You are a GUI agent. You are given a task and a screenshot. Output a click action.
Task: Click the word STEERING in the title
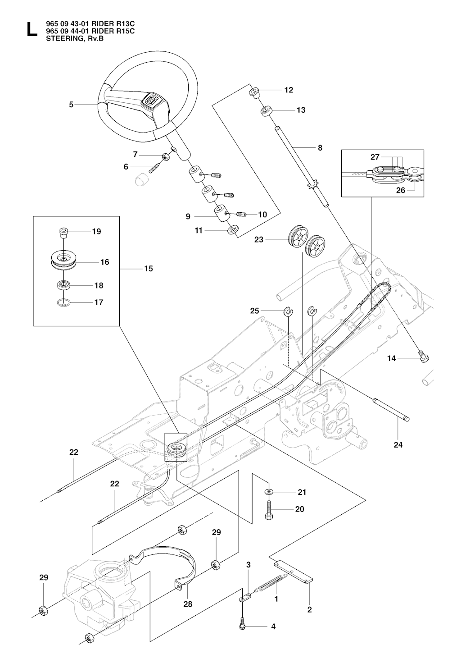[x=55, y=38]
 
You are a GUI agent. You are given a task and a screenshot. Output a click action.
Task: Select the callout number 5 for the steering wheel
[x=71, y=105]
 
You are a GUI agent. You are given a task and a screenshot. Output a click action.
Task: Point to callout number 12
[x=289, y=90]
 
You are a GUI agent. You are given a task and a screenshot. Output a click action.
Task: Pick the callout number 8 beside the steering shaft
[x=320, y=147]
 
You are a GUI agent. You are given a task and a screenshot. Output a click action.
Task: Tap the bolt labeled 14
[x=423, y=357]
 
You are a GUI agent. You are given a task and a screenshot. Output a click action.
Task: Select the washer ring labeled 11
[x=232, y=230]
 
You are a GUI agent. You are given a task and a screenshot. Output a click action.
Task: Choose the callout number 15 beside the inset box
[x=148, y=269]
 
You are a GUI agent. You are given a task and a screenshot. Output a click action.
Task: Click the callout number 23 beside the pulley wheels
[x=259, y=240]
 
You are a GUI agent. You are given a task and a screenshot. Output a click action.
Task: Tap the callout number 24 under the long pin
[x=398, y=444]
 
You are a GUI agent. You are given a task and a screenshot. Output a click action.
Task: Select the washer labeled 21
[x=268, y=491]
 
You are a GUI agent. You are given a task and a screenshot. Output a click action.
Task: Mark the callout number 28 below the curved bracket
[x=188, y=604]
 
